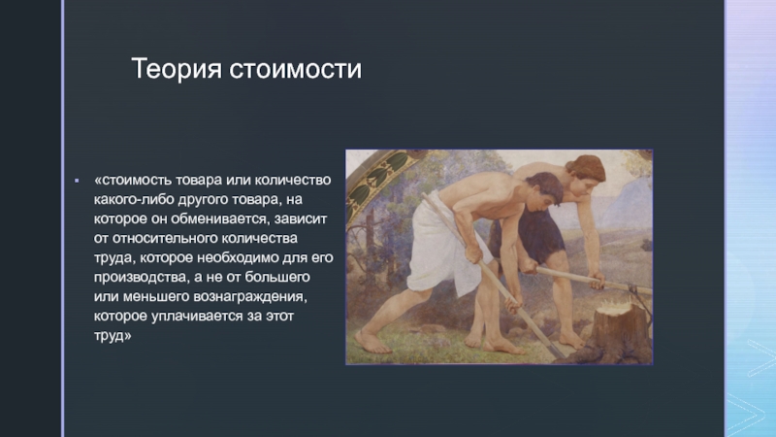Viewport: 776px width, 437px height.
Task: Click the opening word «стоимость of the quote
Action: (132, 182)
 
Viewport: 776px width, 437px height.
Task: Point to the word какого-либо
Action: (131, 200)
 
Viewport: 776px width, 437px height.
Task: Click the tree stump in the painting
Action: (618, 329)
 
